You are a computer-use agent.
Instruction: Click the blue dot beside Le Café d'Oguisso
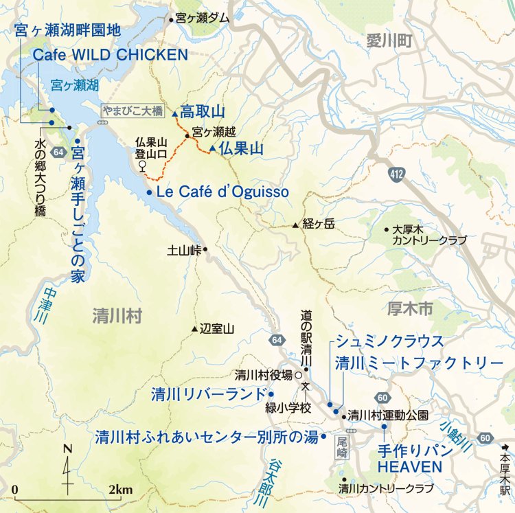pyautogui.click(x=149, y=193)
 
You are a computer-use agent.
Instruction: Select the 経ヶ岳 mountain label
pyautogui.click(x=317, y=224)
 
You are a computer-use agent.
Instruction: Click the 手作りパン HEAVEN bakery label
pyautogui.click(x=409, y=459)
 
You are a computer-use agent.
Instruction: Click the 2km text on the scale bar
pyautogui.click(x=120, y=489)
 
